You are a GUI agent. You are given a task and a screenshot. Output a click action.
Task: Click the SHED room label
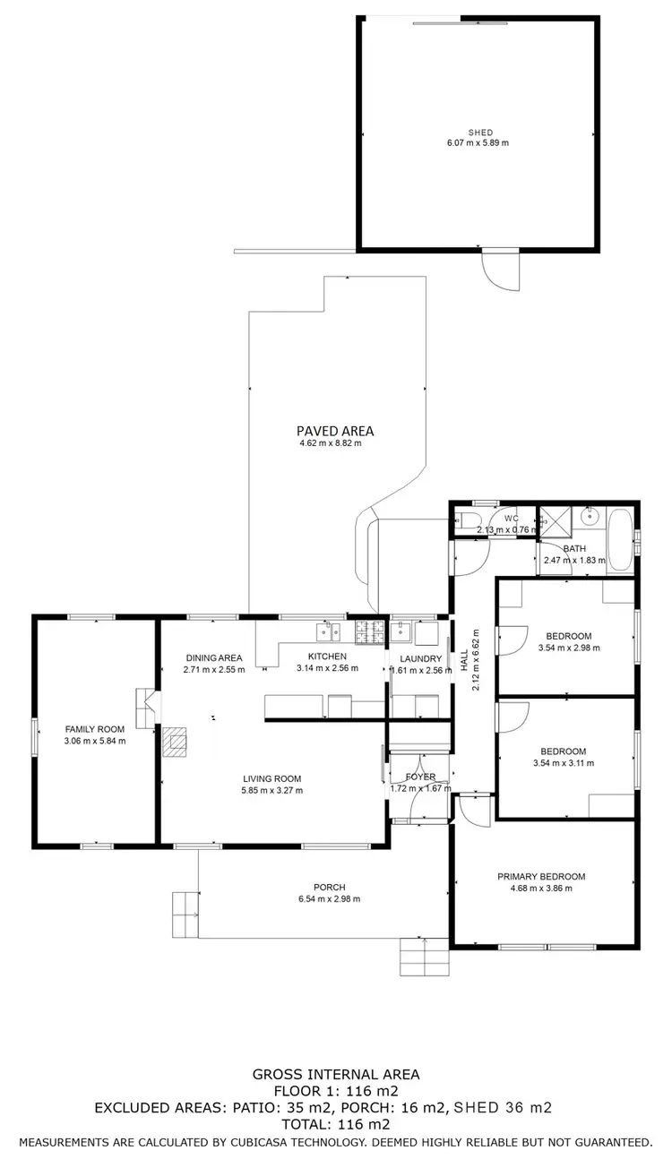[x=480, y=133]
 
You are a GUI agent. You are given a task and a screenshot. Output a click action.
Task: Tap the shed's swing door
[x=500, y=270]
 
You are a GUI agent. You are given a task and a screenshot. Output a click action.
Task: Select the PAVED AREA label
[x=335, y=431]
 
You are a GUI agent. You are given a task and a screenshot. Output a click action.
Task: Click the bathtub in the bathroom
[x=619, y=537]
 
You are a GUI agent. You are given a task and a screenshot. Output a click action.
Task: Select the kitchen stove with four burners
[x=367, y=631]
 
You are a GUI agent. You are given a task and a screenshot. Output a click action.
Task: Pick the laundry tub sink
[x=401, y=633]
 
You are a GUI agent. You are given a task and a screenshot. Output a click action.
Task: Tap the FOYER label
[x=420, y=777]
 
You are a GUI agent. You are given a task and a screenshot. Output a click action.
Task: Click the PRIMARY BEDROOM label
[x=541, y=877]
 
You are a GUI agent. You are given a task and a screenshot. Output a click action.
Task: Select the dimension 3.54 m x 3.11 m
[x=563, y=763]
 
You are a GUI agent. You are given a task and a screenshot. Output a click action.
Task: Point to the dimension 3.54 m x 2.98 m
[x=569, y=648]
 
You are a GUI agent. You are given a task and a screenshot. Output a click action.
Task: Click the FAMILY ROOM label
[x=94, y=729]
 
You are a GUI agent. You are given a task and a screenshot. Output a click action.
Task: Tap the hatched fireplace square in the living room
[x=175, y=742]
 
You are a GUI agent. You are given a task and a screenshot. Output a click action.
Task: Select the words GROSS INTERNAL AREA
[x=335, y=1074]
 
